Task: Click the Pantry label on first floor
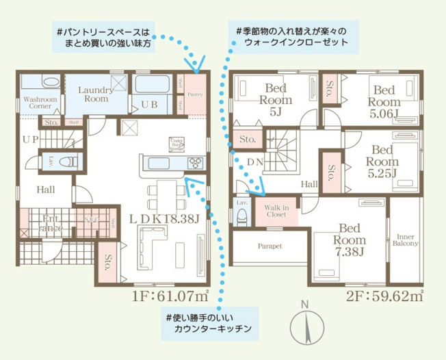194,94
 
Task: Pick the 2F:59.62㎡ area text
386,296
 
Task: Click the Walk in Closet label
277,210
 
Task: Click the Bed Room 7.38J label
350,240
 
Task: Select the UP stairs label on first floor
30,139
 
